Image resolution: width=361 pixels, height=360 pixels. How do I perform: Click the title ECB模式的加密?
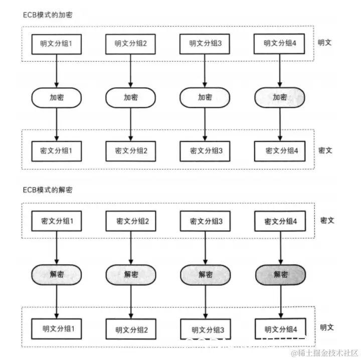48,15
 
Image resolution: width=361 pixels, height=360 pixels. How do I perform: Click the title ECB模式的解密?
48,191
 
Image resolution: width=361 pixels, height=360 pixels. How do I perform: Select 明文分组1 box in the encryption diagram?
56,44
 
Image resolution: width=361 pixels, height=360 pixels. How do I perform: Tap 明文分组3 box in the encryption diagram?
205,44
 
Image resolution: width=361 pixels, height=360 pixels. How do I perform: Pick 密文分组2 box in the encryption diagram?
131,150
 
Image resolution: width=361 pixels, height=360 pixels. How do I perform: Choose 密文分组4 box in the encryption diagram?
279,150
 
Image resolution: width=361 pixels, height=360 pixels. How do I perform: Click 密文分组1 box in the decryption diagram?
56,221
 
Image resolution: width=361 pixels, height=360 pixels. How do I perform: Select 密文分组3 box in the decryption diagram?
205,221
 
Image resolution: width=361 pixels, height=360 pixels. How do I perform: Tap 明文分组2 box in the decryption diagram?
131,329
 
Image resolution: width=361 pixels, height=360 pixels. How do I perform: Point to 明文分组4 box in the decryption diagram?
279,329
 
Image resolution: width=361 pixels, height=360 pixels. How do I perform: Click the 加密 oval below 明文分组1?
56,97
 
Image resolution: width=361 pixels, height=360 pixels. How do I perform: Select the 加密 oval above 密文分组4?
279,97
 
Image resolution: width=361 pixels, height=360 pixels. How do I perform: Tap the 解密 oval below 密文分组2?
131,274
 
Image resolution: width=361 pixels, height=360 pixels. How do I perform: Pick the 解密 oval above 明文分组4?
279,274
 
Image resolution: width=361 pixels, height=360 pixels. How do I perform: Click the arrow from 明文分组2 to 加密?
131,70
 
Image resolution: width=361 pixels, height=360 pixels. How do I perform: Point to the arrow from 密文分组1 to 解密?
56,247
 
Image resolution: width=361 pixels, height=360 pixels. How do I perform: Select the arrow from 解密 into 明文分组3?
205,301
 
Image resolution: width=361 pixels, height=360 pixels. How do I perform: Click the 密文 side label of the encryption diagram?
325,150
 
